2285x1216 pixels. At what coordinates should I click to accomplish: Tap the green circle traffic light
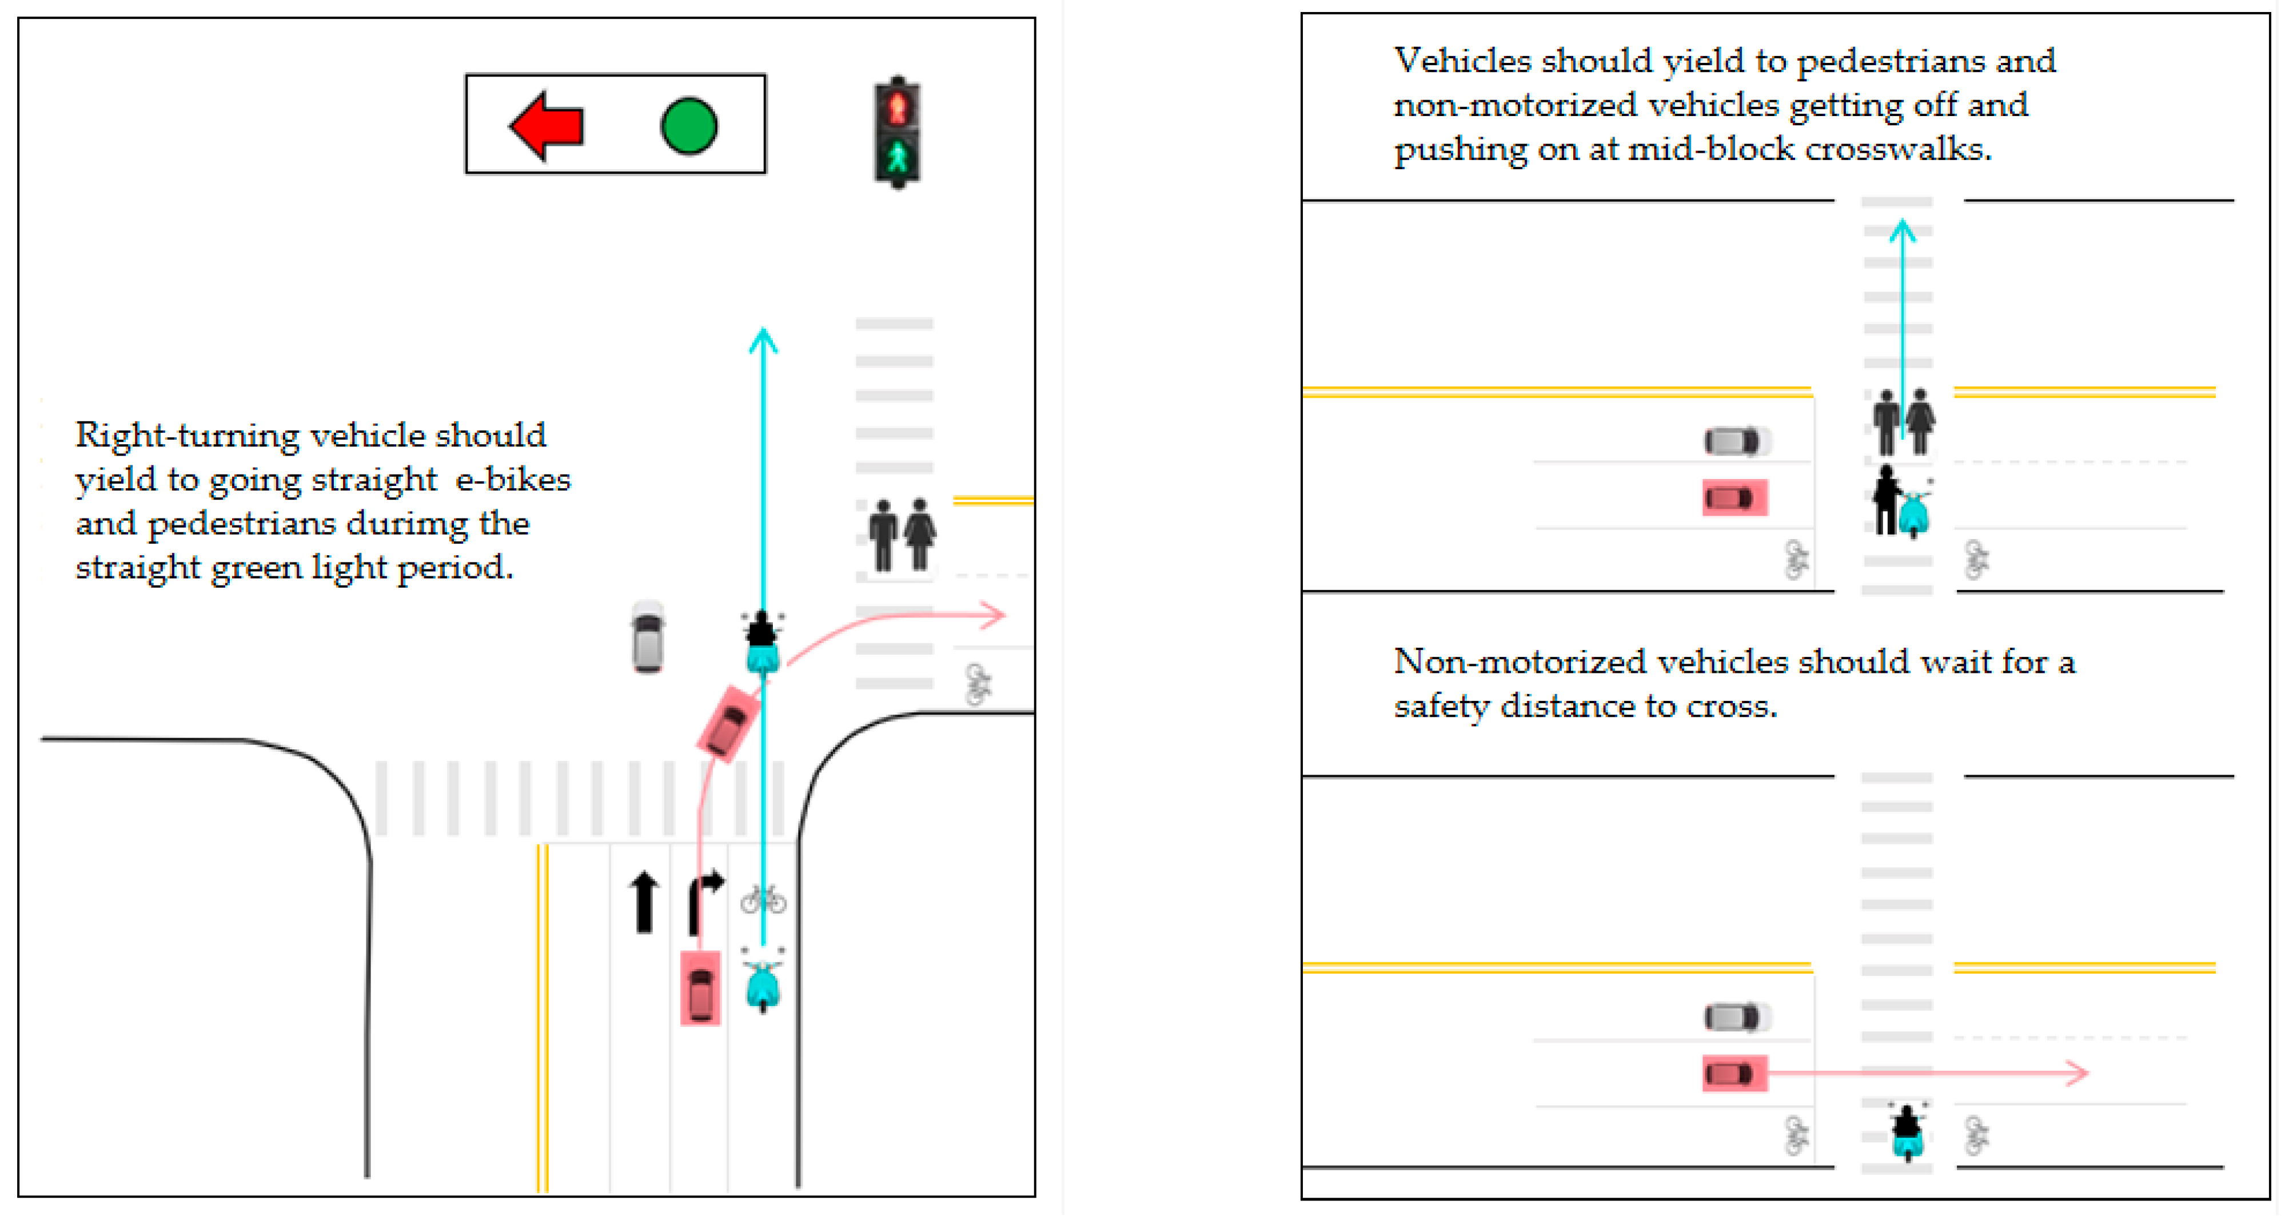point(688,126)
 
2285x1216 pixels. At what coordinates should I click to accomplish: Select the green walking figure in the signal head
point(898,158)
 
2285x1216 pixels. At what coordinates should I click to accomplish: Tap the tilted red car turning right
point(729,723)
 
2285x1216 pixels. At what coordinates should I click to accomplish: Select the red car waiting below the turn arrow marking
point(700,988)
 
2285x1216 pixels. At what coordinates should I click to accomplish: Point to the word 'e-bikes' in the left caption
point(513,480)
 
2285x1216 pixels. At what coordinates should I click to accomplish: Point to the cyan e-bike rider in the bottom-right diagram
point(1907,1132)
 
